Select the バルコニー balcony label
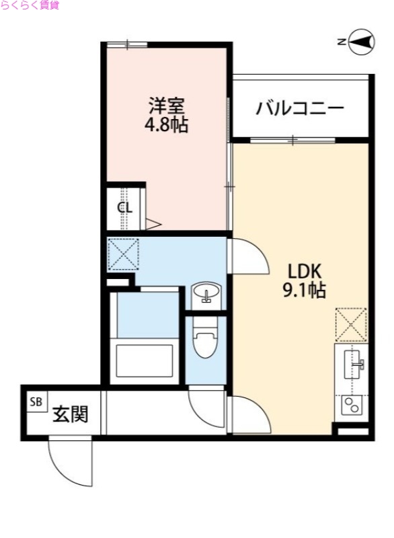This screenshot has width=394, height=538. click(x=300, y=108)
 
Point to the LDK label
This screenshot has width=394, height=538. click(x=307, y=272)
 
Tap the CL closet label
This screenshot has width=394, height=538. click(x=125, y=207)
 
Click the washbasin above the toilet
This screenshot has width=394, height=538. click(x=204, y=294)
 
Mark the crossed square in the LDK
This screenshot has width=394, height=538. click(x=351, y=324)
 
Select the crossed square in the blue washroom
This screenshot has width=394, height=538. click(x=123, y=254)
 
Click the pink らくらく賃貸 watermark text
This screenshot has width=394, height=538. click(x=30, y=5)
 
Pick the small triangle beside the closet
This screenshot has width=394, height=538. click(x=152, y=225)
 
